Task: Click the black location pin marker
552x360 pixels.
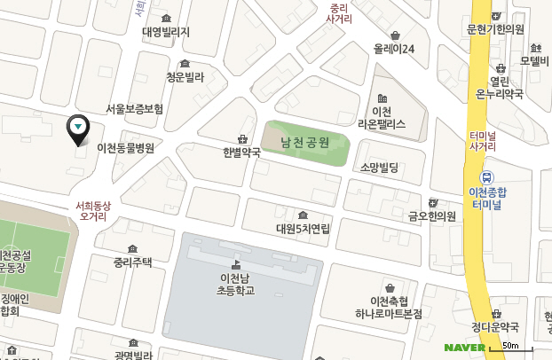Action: pyautogui.click(x=78, y=129)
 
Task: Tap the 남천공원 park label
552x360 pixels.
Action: pyautogui.click(x=305, y=142)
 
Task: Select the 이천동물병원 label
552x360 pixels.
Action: pyautogui.click(x=125, y=148)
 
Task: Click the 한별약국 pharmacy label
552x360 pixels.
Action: pyautogui.click(x=242, y=152)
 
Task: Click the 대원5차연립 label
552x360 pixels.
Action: pyautogui.click(x=303, y=228)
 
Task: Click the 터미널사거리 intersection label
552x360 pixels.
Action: pyautogui.click(x=482, y=139)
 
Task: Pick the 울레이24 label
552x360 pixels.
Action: pyautogui.click(x=395, y=49)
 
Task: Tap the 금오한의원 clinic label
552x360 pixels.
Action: pyautogui.click(x=431, y=215)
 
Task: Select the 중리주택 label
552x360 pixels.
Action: pyautogui.click(x=133, y=262)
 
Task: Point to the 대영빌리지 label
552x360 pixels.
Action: pyautogui.click(x=166, y=32)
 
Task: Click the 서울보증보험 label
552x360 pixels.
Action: pyautogui.click(x=134, y=109)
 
